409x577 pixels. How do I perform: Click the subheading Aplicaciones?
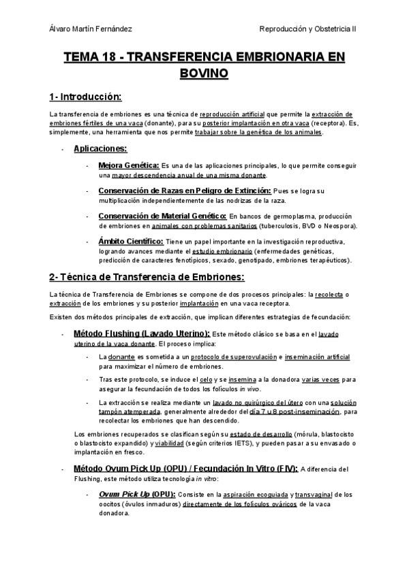[x=100, y=148]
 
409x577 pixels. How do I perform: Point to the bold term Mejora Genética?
[x=129, y=165]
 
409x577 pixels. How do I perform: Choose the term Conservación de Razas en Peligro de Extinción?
[x=184, y=191]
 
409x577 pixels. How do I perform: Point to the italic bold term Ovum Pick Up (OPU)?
[x=137, y=493]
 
